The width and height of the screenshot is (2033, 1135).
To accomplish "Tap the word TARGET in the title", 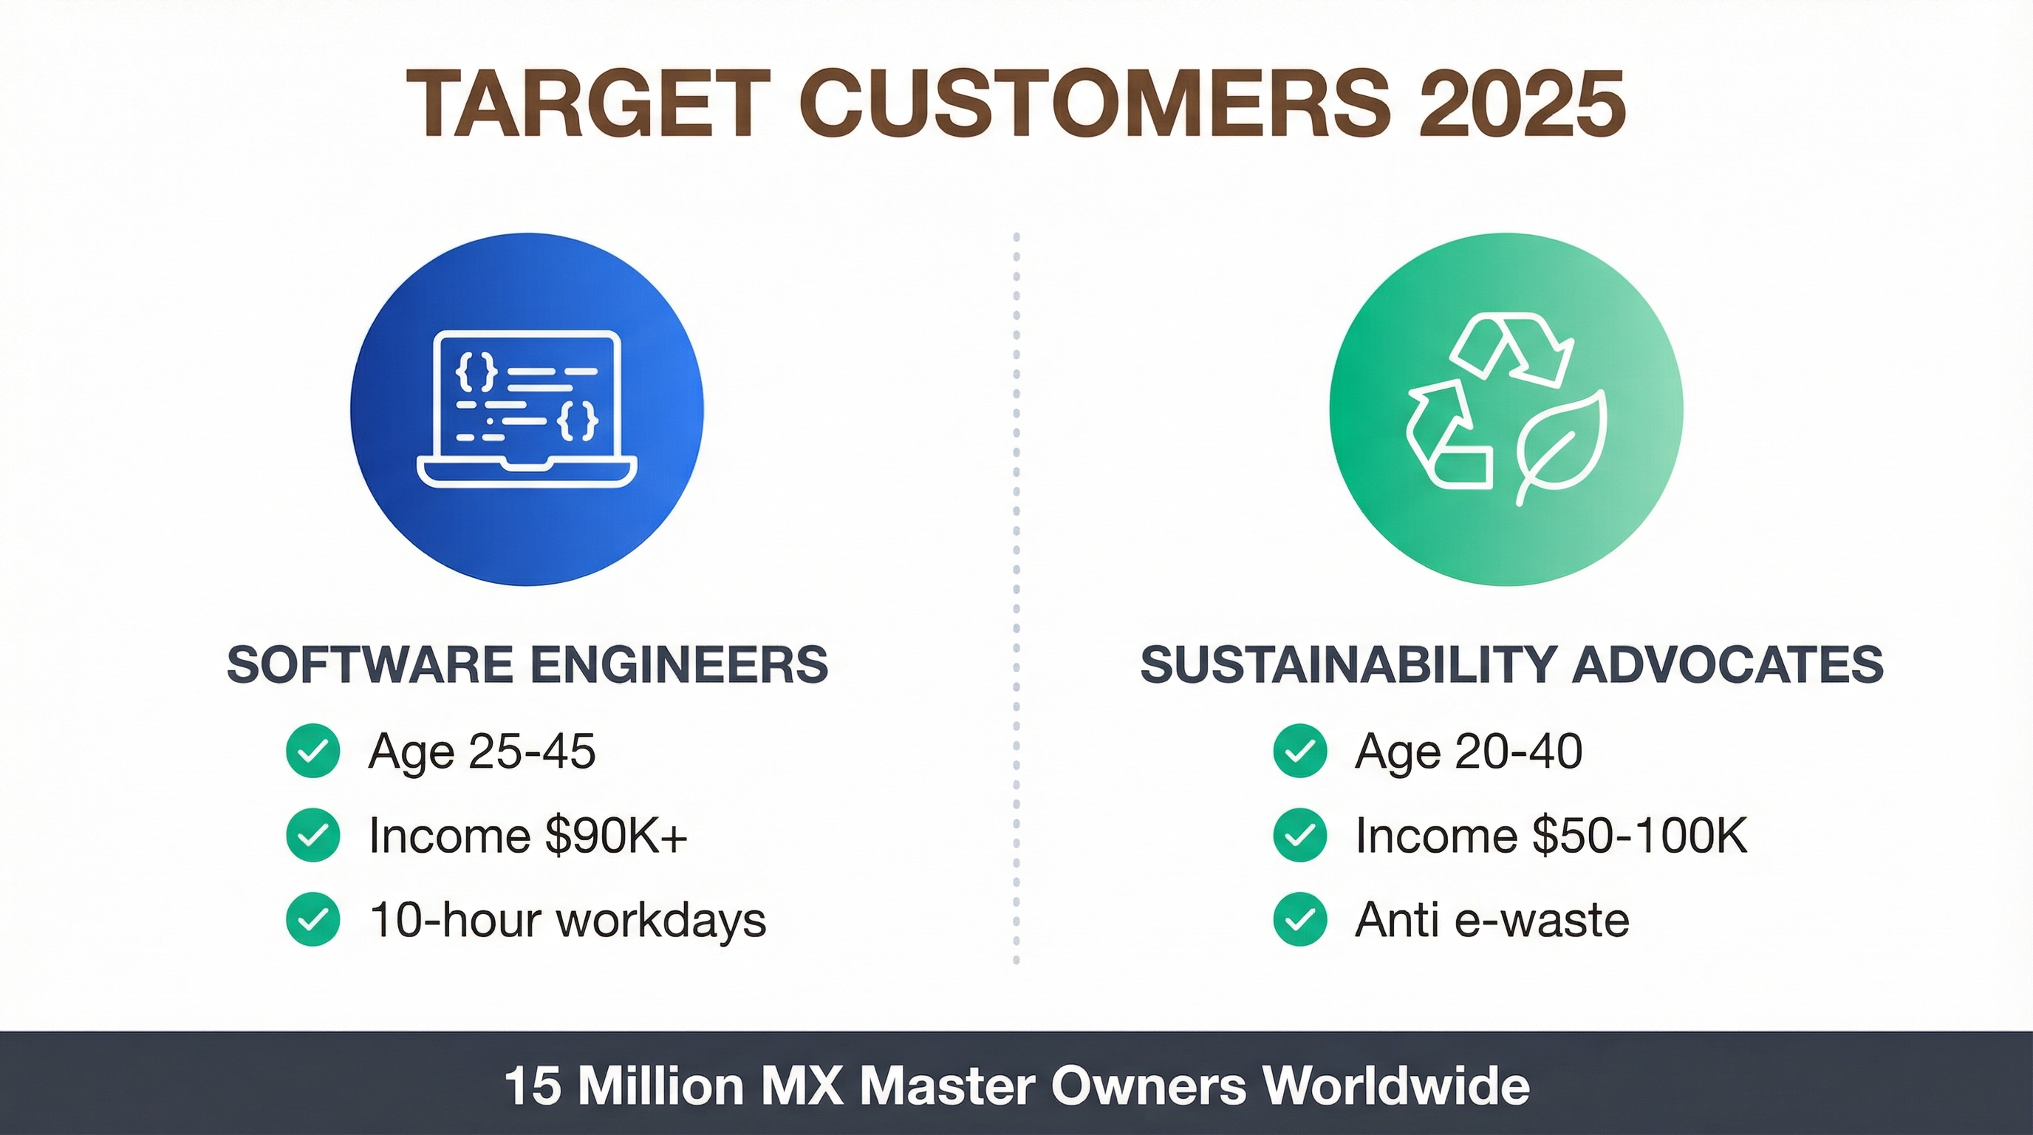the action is point(589,103).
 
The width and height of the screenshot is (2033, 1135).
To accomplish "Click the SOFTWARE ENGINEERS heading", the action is point(527,664).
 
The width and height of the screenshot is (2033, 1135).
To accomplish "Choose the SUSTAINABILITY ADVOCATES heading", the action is point(1512,664).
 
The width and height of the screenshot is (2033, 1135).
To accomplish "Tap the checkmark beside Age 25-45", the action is point(313,751).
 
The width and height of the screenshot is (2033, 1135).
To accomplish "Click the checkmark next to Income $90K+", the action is point(313,835).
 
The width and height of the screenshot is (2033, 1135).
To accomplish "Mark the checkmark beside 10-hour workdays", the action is point(313,918).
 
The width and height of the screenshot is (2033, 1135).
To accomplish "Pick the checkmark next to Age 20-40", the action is point(1300,751).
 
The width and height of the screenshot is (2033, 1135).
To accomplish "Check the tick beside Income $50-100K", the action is point(1300,835).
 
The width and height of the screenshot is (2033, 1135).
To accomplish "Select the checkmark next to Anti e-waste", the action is point(1300,918).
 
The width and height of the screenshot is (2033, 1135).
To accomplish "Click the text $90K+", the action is point(616,835).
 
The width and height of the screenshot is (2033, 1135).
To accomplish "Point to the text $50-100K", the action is point(1640,835).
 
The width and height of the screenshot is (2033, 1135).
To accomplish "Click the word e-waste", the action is point(1542,919).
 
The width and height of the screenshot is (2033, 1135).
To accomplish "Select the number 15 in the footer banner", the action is point(533,1086).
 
